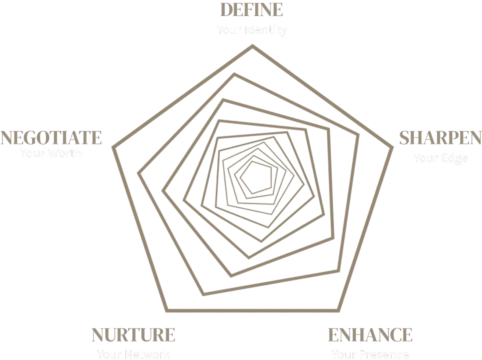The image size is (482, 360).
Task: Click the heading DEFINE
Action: click(252, 10)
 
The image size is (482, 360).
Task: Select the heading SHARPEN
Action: click(440, 138)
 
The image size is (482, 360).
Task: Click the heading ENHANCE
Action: click(370, 335)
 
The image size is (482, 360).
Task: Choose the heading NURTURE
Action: click(133, 335)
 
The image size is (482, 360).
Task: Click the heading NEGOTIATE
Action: click(51, 138)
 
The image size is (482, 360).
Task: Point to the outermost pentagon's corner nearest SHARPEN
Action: click(392, 147)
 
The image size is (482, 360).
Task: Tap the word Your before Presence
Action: click(344, 355)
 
